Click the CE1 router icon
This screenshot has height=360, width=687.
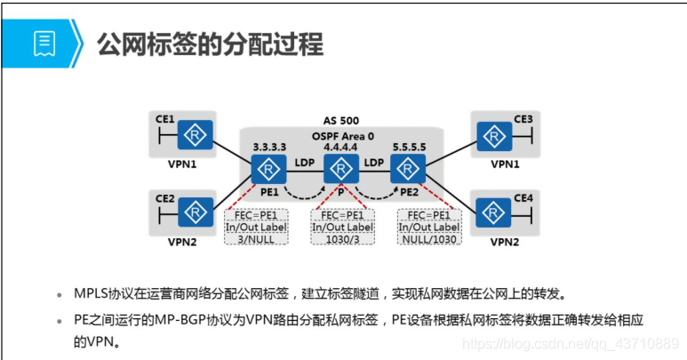195,135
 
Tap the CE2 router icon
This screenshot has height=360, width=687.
196,212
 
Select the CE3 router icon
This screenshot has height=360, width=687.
494,137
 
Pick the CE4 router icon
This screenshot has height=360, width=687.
493,212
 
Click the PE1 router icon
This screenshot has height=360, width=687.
268,169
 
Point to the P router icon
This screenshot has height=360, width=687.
341,169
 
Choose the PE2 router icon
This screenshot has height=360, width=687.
408,169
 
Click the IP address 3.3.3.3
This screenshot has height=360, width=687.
269,148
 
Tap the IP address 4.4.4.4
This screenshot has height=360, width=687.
340,148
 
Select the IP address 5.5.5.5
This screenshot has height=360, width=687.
409,148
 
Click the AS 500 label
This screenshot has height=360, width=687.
341,120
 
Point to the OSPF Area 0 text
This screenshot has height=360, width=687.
343,136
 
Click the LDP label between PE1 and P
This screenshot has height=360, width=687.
305,163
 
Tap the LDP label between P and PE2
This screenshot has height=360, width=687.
374,163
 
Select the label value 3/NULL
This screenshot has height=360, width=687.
256,239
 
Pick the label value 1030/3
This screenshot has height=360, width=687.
343,239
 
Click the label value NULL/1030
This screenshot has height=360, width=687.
429,239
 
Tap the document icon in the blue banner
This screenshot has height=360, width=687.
44,44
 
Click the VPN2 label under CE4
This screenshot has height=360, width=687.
505,242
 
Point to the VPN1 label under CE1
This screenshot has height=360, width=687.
182,164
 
